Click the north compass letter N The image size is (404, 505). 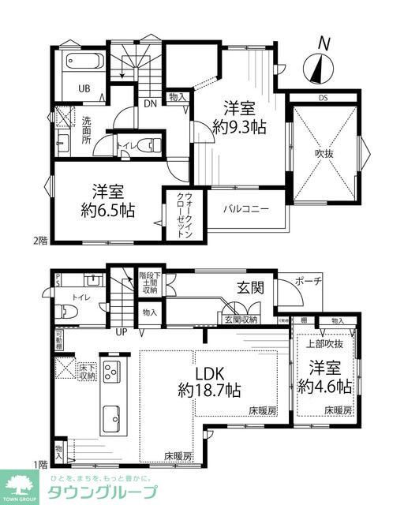tap(323, 43)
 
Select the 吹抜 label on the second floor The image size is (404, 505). tap(324, 154)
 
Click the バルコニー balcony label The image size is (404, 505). tap(245, 209)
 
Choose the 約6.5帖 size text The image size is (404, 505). tap(106, 211)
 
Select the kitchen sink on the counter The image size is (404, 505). tap(110, 414)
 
